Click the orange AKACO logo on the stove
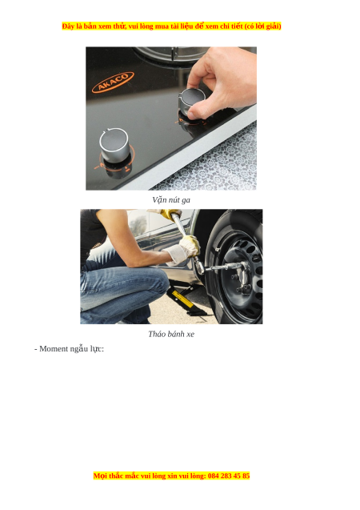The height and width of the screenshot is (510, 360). tap(113, 82)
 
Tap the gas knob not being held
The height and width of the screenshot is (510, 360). tap(114, 145)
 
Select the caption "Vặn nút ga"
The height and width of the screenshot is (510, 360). tap(171, 199)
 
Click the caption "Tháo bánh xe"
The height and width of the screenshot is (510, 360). tap(171, 334)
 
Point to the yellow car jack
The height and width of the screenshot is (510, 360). tap(185, 300)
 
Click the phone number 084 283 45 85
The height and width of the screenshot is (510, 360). tap(229, 476)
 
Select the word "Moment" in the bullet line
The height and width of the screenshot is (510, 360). tap(54, 349)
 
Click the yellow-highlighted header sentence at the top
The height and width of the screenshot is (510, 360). tap(171, 26)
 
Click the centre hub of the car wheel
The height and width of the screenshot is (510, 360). tap(240, 275)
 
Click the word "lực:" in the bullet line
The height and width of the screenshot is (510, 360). tap(97, 349)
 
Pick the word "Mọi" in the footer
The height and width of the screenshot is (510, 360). tap(100, 476)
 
